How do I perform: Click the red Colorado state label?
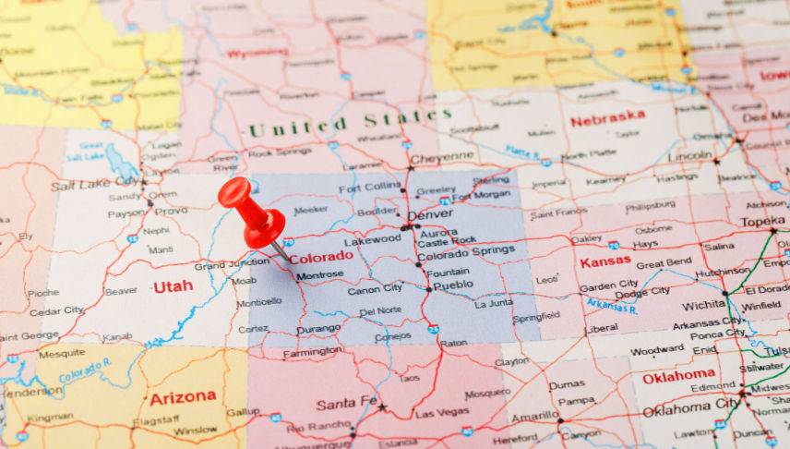point(322,257)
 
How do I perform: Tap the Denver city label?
point(430,215)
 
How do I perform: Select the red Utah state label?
point(173,286)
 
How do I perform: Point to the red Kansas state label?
point(604,261)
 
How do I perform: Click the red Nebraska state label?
point(607,118)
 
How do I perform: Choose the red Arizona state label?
point(183,396)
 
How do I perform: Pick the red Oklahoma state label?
point(679,376)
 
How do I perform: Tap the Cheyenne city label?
point(442,159)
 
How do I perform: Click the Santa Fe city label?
point(346,404)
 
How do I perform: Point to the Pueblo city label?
point(453,285)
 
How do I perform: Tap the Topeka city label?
point(761,222)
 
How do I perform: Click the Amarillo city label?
point(535,417)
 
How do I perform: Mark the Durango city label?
point(318,328)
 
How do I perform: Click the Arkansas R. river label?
point(612,306)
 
